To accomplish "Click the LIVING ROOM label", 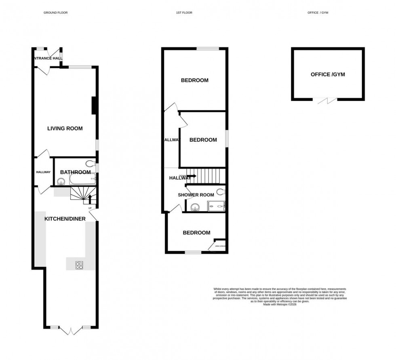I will pyautogui.click(x=65, y=128).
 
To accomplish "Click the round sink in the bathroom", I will pyautogui.click(x=61, y=181).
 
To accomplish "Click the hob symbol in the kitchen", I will pyautogui.click(x=79, y=265).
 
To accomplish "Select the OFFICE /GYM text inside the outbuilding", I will pyautogui.click(x=328, y=74).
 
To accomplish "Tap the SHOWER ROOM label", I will pyautogui.click(x=196, y=195).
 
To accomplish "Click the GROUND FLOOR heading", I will pyautogui.click(x=55, y=13).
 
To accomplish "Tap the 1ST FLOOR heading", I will pyautogui.click(x=184, y=13).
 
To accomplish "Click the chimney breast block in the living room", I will pyautogui.click(x=94, y=105).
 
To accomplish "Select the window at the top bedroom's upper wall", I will pyautogui.click(x=208, y=49).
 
